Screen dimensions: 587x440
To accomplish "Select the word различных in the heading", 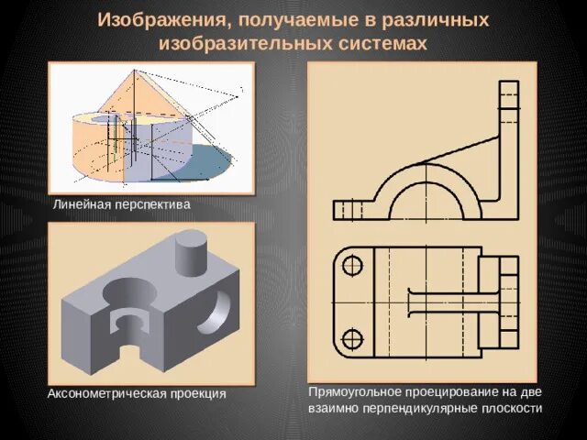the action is [434, 20].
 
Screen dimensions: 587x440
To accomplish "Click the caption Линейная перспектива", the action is [121, 205].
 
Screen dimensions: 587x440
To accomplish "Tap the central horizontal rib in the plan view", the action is [449, 303].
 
